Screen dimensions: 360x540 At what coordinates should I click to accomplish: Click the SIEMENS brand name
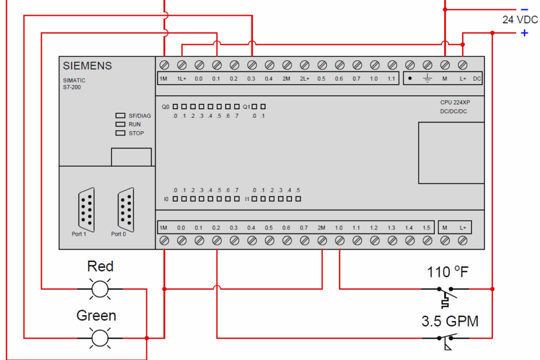87,66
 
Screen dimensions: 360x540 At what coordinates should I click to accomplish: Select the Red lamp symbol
100,288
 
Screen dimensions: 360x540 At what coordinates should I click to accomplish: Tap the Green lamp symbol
100,337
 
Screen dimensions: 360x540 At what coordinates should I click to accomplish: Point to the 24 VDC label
520,20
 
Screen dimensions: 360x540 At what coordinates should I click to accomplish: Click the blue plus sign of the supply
524,33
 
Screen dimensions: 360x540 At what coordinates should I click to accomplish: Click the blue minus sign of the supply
524,9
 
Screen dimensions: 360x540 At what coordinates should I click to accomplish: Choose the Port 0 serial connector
125,208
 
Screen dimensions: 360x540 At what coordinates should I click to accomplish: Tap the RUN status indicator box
120,124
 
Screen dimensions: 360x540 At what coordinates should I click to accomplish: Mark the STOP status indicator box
120,133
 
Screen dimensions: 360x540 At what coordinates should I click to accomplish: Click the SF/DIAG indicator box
120,116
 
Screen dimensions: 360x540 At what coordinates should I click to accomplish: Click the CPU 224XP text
455,102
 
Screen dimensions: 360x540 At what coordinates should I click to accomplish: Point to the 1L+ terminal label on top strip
181,78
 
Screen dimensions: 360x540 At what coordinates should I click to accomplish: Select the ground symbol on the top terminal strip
427,78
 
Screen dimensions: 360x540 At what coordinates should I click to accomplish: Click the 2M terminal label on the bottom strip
321,228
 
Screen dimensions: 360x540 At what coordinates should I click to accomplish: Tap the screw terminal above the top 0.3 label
251,64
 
